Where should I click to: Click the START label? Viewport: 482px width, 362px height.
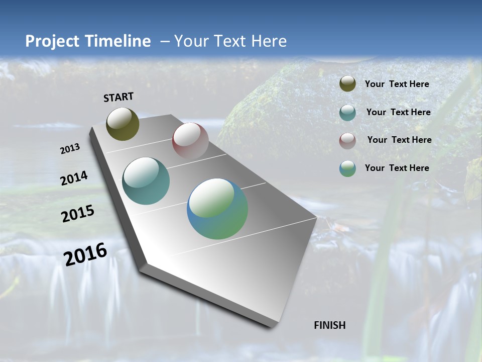118,97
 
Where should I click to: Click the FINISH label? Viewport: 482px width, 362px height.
330,325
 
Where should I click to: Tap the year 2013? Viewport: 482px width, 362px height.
70,149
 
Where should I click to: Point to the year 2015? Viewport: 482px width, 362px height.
78,214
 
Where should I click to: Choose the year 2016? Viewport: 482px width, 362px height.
85,254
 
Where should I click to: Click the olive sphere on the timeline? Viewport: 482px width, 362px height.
123,124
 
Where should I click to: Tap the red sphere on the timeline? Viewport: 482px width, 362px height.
190,140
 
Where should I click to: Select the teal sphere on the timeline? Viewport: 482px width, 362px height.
146,181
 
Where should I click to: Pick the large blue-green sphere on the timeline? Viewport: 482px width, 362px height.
217,209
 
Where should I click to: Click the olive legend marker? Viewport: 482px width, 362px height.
347,84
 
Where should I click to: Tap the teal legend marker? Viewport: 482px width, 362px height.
347,113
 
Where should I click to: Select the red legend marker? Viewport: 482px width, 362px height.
347,141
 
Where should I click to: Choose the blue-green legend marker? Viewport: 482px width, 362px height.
347,168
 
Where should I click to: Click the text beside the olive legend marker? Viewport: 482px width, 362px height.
397,84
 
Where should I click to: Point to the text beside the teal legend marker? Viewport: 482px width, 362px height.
398,112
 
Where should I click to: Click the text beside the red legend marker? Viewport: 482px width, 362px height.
399,140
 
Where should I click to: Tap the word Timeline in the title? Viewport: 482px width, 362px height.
118,41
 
